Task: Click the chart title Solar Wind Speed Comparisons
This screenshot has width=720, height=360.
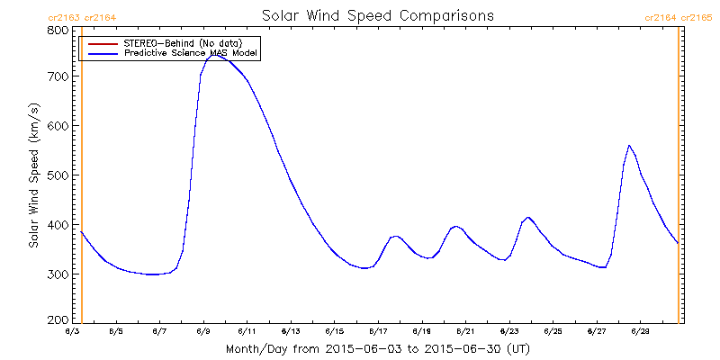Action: click(x=377, y=16)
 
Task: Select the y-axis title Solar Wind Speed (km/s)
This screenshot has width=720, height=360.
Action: click(x=33, y=175)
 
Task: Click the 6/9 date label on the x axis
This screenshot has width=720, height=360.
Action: click(x=203, y=332)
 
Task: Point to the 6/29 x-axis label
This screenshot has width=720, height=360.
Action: click(x=640, y=332)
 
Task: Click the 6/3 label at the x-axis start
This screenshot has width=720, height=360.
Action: click(x=73, y=332)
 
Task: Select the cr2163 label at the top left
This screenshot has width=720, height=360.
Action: click(x=57, y=17)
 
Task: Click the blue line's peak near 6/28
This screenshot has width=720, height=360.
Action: click(x=629, y=146)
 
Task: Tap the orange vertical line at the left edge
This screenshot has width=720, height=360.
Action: click(x=82, y=180)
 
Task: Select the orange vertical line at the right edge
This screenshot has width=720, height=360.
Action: click(x=678, y=180)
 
